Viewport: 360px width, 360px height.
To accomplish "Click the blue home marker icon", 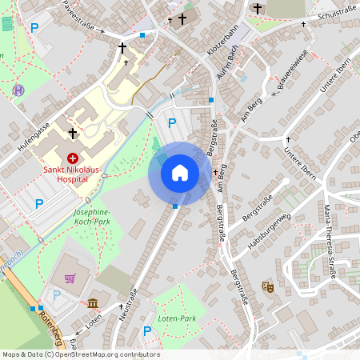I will (x=180, y=173).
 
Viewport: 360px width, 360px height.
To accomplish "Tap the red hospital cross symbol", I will (x=72, y=158).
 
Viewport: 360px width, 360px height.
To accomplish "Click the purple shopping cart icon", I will (x=70, y=279).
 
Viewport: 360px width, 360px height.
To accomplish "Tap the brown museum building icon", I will (x=94, y=303).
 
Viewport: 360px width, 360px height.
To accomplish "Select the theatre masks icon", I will (x=267, y=286).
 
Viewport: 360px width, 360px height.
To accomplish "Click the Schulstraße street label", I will (x=336, y=14).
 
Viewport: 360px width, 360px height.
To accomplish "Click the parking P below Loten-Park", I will (x=146, y=331).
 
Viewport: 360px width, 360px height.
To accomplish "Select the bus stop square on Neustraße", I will (x=175, y=206).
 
